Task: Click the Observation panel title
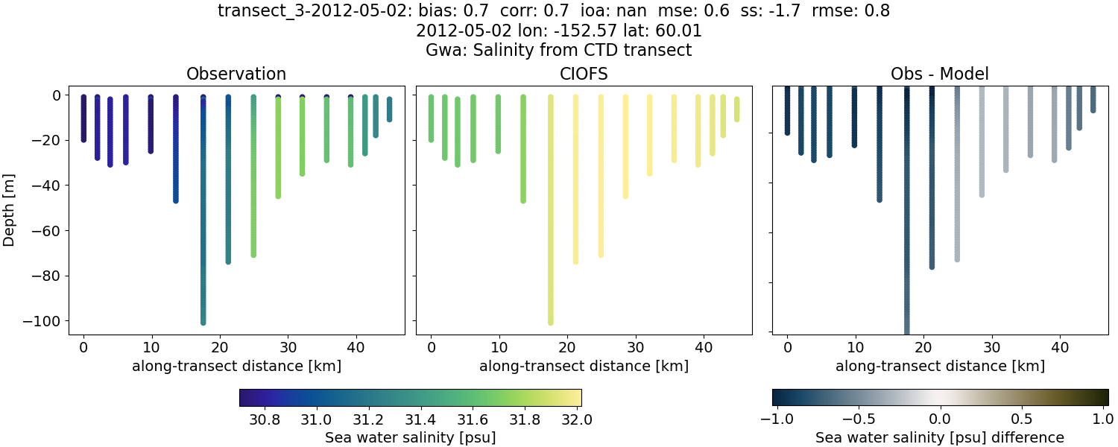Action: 236,74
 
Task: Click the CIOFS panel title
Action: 584,74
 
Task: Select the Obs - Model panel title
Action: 939,74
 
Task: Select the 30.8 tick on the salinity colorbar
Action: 265,419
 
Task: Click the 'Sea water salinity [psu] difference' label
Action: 939,437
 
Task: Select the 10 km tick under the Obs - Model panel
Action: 856,346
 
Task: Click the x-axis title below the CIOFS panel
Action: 584,366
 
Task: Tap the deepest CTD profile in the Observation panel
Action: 203,223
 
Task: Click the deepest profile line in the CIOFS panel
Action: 550,223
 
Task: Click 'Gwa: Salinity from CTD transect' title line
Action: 558,51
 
